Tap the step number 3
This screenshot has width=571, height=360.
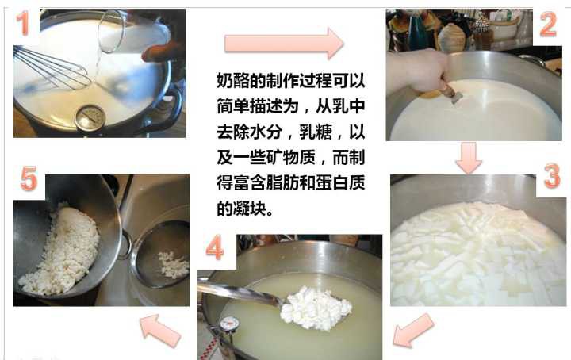click(x=551, y=176)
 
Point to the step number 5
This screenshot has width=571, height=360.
click(x=29, y=180)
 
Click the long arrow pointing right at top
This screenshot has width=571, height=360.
click(x=282, y=43)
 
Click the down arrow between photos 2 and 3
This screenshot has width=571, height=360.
click(x=470, y=158)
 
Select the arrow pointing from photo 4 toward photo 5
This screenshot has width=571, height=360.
click(x=161, y=329)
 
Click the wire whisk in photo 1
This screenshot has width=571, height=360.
click(x=52, y=67)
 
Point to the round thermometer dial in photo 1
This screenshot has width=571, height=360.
click(x=90, y=117)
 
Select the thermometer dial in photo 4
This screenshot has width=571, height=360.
click(x=229, y=324)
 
